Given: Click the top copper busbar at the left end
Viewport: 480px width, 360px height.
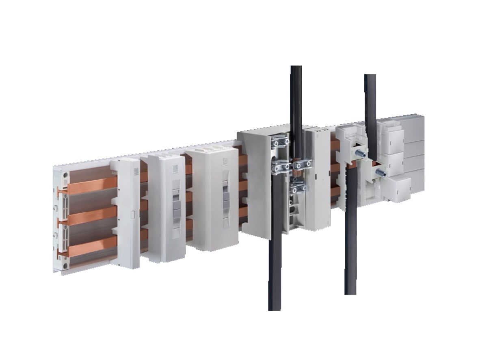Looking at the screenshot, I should click(x=87, y=186).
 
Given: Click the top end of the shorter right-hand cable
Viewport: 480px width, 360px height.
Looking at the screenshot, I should click(x=370, y=76).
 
